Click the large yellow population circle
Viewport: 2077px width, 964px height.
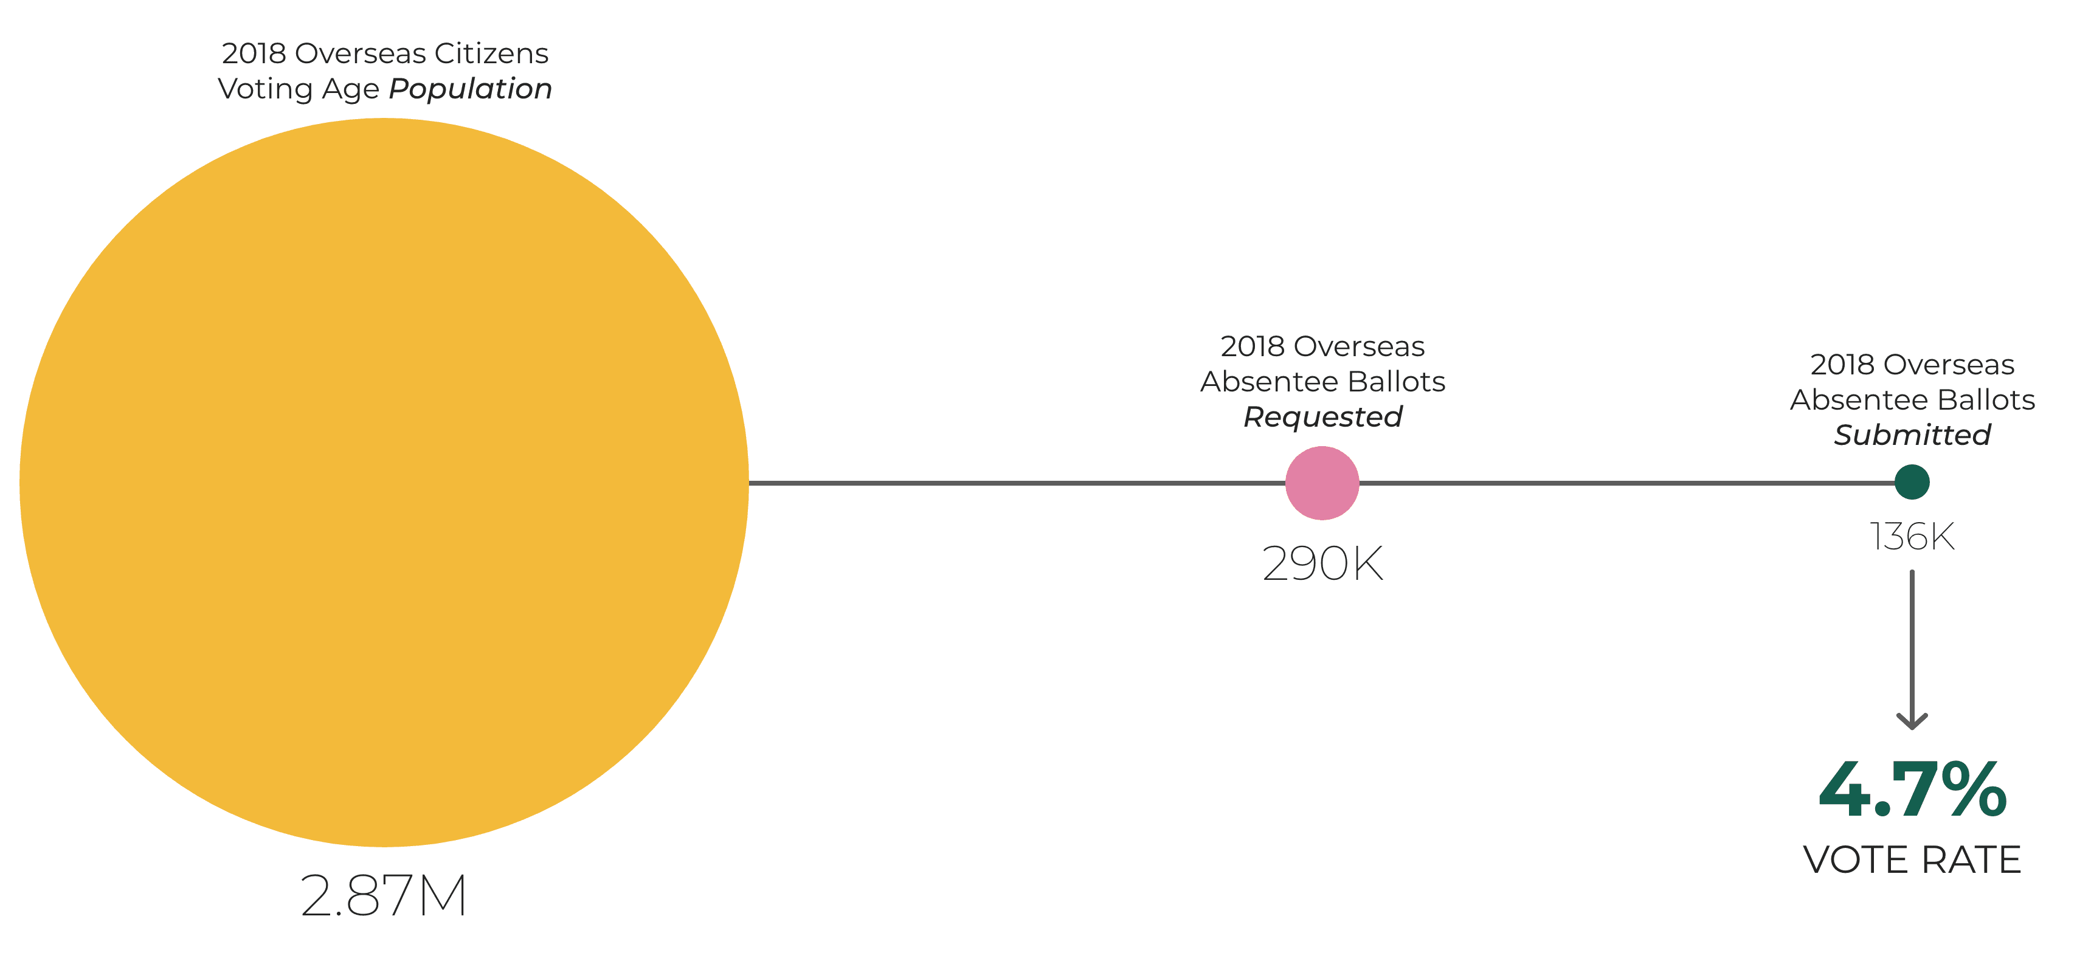pyautogui.click(x=384, y=482)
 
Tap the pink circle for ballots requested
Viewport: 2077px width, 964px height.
pyautogui.click(x=1322, y=483)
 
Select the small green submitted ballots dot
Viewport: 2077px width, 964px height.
pyautogui.click(x=1912, y=482)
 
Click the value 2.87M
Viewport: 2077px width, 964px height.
pyautogui.click(x=384, y=895)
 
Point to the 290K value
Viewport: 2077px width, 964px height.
pyautogui.click(x=1322, y=563)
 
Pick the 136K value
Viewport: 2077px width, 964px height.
pyautogui.click(x=1912, y=536)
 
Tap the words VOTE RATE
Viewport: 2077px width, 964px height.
pyautogui.click(x=1912, y=859)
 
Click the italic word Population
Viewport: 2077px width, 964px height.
pyautogui.click(x=471, y=89)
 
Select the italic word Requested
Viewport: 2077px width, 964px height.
pyautogui.click(x=1323, y=417)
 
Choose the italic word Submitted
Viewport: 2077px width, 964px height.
pyautogui.click(x=1912, y=435)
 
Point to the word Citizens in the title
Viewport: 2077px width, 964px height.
pyautogui.click(x=492, y=53)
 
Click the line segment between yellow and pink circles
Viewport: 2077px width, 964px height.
pyautogui.click(x=1017, y=483)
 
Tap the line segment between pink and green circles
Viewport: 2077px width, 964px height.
pyautogui.click(x=1626, y=483)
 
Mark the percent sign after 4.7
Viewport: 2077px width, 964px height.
pyautogui.click(x=1974, y=789)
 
